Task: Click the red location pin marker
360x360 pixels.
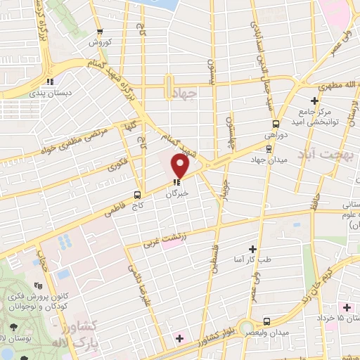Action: (x=181, y=167)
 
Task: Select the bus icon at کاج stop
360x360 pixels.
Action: (x=137, y=195)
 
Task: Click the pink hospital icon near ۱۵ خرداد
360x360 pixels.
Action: (x=347, y=308)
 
